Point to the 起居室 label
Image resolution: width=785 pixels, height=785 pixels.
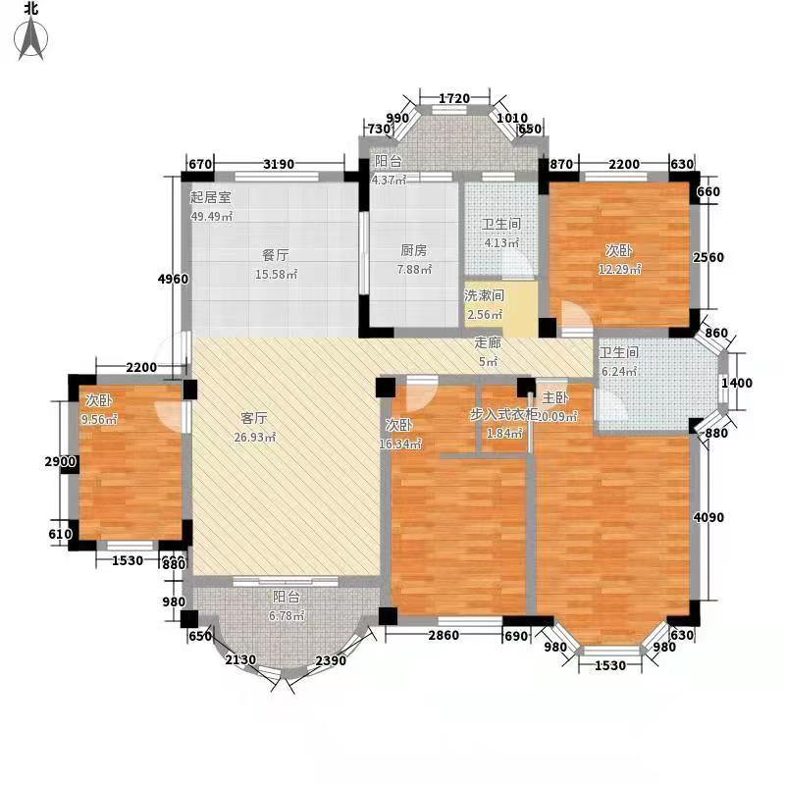(x=210, y=196)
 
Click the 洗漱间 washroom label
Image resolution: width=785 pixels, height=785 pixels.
(x=484, y=295)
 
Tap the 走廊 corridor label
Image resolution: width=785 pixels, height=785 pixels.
(x=488, y=343)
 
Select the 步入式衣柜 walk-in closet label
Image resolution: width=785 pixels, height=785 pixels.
(x=503, y=415)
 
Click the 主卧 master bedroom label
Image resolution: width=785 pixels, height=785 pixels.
(x=555, y=398)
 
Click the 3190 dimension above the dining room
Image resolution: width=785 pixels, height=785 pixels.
(x=268, y=163)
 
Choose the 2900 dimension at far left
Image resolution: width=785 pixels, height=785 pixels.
(x=58, y=461)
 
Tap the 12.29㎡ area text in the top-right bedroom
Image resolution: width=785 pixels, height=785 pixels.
(x=620, y=269)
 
